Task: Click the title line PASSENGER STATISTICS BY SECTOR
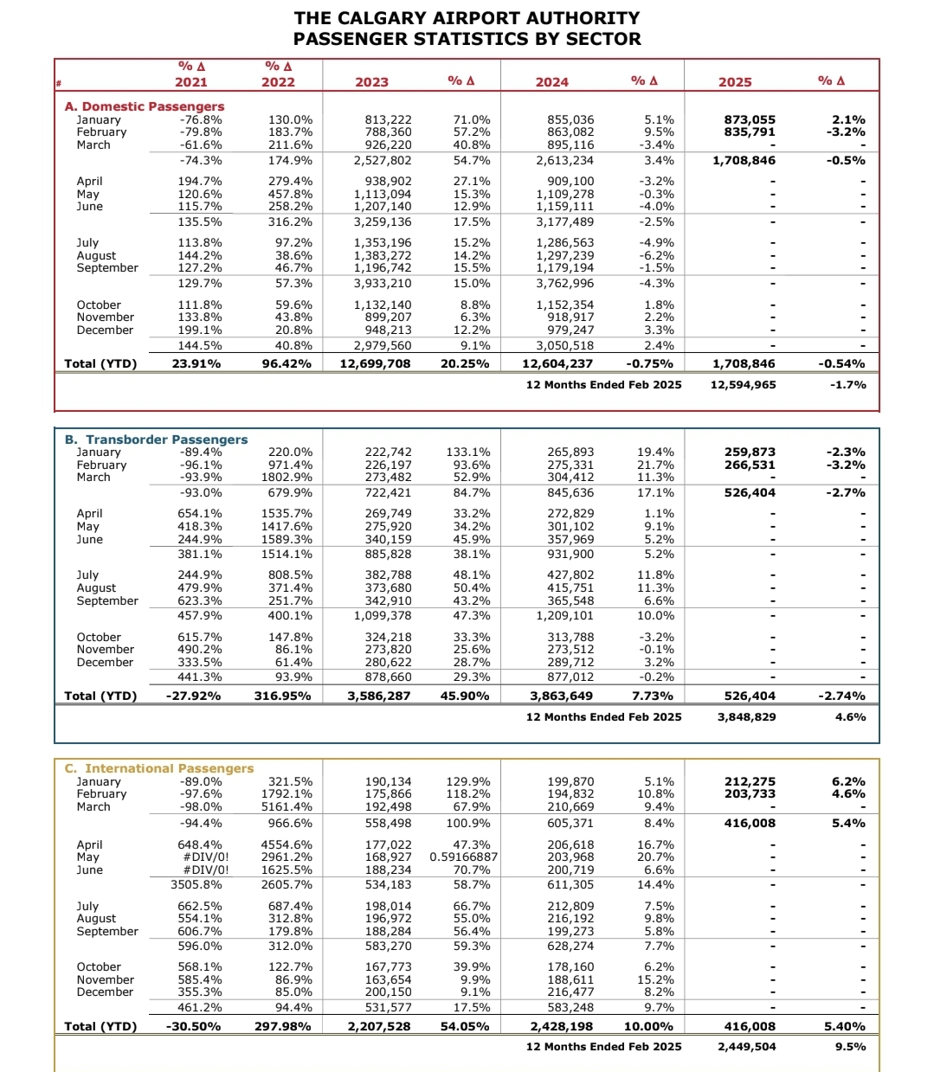(467, 39)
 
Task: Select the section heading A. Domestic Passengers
(145, 106)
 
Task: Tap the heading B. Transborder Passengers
(156, 440)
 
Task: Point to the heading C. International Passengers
(159, 768)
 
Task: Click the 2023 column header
(371, 82)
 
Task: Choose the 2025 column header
(735, 82)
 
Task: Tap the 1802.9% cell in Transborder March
(287, 478)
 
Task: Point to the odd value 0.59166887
(463, 857)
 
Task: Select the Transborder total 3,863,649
(561, 696)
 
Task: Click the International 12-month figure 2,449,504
(746, 1047)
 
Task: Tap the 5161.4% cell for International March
(287, 807)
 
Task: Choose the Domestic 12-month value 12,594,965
(743, 385)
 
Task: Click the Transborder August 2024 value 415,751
(570, 588)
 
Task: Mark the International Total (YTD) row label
(100, 1027)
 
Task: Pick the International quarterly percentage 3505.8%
(196, 885)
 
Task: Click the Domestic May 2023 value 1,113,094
(383, 195)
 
